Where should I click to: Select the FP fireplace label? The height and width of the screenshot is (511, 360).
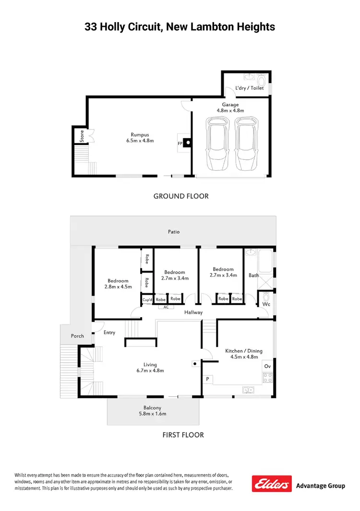(180, 143)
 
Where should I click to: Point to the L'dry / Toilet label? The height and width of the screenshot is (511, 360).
(249, 88)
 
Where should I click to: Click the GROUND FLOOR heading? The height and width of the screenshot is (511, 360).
(180, 196)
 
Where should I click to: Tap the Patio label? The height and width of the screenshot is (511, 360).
(174, 232)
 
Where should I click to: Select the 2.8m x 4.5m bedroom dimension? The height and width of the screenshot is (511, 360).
(118, 287)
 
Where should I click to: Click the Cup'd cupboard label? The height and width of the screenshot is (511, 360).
(147, 299)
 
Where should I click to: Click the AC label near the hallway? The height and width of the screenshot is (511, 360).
(166, 307)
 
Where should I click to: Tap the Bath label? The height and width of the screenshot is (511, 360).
(253, 275)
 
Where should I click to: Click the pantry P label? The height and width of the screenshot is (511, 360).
(207, 379)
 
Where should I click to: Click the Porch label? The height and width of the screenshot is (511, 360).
(77, 336)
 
